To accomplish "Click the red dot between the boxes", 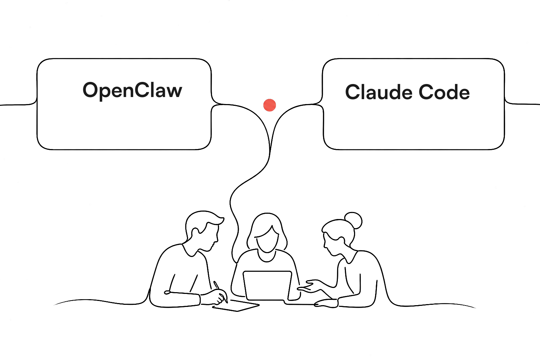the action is coord(270,105).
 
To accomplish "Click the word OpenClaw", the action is coord(132,90).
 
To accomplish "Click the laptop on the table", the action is coord(268,286).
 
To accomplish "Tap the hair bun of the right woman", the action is coord(353,220).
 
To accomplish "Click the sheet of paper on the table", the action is coord(236,306).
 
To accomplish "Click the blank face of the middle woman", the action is coord(266,239).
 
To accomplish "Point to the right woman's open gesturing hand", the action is coord(310,286).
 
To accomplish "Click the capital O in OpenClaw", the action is coord(90,90).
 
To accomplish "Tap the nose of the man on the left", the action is coord(217,239).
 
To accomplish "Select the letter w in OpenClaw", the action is coord(174,92).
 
